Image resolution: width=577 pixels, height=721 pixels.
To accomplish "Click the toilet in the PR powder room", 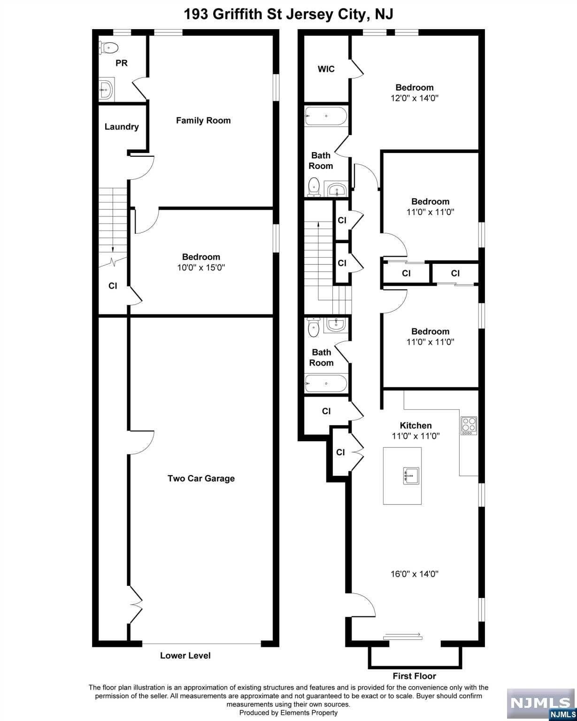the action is pos(108,47).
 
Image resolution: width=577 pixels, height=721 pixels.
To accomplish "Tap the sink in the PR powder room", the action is pos(106,89).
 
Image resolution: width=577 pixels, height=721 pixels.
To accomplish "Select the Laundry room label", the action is pos(121,127).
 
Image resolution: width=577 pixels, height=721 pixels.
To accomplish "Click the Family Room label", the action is pos(203,121).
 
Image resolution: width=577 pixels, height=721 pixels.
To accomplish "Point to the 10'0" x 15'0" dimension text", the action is pos(201,268).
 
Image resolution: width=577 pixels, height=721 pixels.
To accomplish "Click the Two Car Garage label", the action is pos(201,478).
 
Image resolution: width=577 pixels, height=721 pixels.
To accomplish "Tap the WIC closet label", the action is pos(326,69).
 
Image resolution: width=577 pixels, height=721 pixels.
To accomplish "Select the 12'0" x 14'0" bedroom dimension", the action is pos(415,98).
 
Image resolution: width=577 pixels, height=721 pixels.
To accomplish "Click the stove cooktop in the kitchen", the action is pos(469,425).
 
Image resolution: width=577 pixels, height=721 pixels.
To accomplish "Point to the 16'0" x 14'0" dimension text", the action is pos(415,574).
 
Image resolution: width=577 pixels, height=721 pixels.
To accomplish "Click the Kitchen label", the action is pos(415,425).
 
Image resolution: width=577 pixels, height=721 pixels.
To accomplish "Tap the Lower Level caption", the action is pos(185,655).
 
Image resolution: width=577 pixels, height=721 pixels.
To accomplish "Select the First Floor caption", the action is pos(415,676).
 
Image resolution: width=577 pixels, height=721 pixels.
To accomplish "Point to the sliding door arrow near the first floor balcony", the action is pos(402,634).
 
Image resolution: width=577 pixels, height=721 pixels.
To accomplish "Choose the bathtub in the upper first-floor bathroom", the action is pos(326,116).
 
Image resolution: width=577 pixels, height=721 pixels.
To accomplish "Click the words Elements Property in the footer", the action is pos(309,713).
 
